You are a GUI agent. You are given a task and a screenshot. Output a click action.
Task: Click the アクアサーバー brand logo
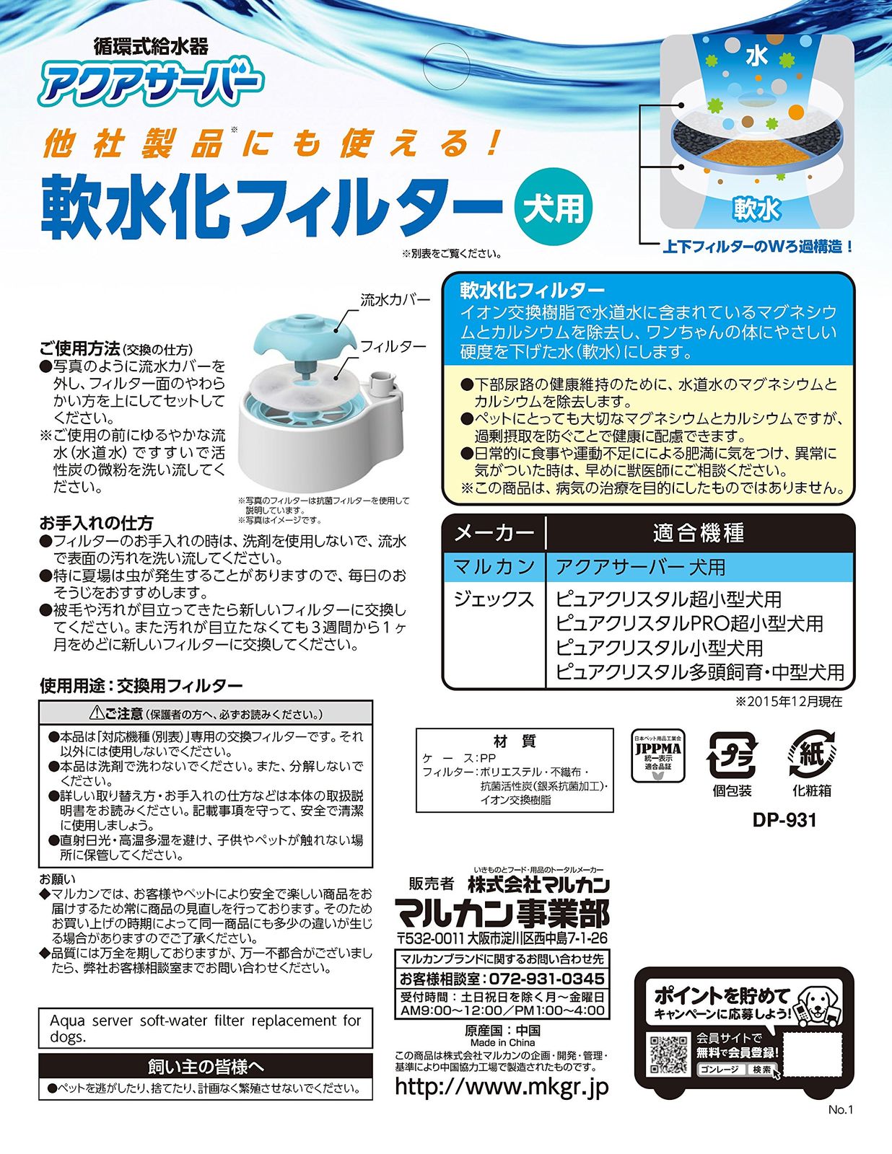click(x=150, y=83)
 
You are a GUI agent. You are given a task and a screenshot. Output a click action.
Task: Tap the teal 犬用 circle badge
click(x=553, y=207)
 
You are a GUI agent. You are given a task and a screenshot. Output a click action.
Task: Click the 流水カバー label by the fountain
click(x=395, y=301)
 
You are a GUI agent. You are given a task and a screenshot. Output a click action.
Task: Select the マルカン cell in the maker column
click(x=494, y=567)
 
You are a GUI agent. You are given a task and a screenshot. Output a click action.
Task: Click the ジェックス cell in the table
click(x=494, y=599)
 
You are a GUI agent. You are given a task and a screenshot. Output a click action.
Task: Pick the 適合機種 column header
click(x=699, y=533)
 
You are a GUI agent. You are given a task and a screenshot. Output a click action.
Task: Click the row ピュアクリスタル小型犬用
click(x=660, y=648)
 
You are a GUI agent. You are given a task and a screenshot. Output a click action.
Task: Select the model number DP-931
click(x=784, y=821)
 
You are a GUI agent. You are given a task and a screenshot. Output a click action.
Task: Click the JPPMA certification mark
click(x=658, y=756)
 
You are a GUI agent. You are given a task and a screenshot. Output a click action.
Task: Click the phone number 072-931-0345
click(x=547, y=978)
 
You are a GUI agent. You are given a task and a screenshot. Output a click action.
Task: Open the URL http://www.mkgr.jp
click(x=502, y=1086)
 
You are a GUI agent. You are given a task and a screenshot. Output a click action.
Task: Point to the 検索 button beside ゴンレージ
click(x=761, y=1070)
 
